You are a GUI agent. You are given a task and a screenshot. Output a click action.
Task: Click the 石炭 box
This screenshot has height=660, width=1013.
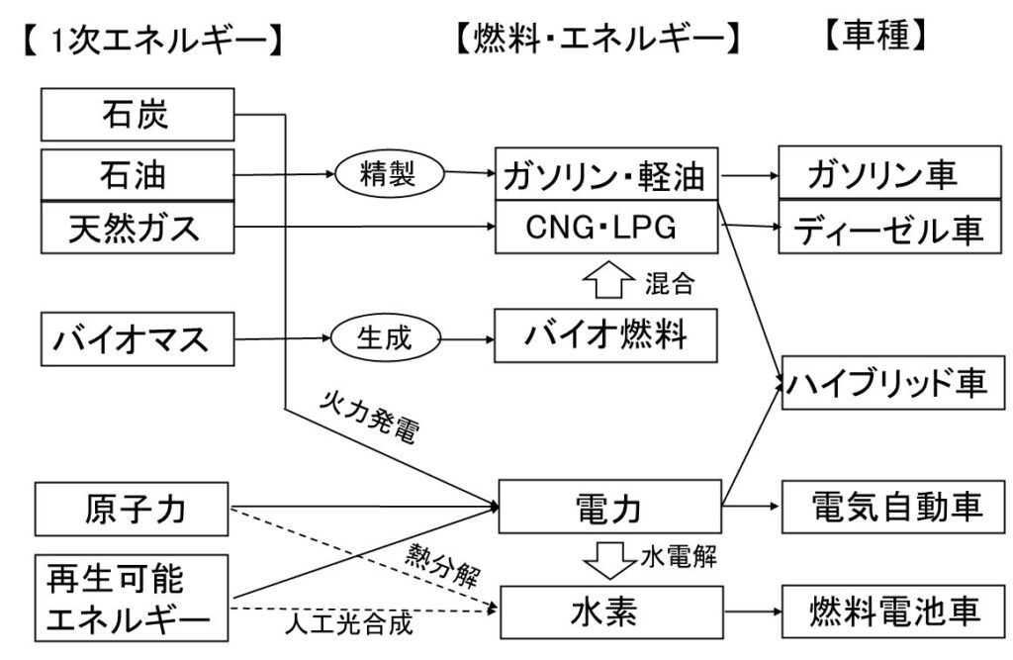coord(138,114)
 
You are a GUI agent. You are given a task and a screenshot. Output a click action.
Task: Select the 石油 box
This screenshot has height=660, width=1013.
coord(138,175)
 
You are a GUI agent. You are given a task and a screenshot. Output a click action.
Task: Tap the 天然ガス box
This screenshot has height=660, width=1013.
coord(138,227)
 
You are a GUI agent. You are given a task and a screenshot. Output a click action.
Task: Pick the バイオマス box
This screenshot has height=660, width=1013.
coord(138,339)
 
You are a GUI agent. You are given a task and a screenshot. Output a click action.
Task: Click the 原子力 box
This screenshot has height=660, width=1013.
coord(134,510)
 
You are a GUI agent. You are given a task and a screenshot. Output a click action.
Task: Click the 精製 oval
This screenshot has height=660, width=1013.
coord(385,175)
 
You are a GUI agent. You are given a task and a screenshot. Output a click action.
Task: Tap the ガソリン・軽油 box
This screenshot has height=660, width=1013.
coord(606,176)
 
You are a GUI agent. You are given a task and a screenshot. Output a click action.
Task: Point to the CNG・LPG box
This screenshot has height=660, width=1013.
coord(606,227)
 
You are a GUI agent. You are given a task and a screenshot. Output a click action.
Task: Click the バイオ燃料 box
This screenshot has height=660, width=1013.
coord(606,337)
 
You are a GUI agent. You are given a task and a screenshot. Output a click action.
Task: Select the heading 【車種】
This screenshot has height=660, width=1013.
coord(874,39)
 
